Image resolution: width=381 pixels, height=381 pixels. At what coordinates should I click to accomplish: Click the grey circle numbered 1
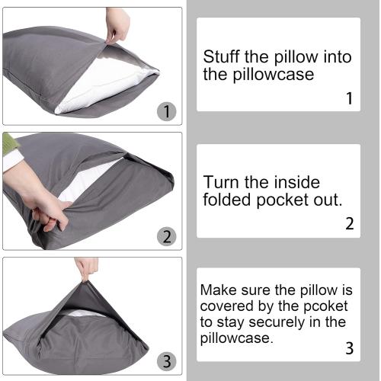166,112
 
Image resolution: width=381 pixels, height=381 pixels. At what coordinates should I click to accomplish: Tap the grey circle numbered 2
166,236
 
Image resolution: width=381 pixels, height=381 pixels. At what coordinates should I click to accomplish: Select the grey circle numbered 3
166,360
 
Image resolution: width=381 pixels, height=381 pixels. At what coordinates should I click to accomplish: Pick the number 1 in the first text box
349,98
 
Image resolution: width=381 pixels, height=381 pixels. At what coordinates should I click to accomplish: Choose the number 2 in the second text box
349,223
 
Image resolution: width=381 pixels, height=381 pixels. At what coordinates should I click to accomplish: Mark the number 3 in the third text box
349,350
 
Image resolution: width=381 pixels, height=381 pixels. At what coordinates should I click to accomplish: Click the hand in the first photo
117,23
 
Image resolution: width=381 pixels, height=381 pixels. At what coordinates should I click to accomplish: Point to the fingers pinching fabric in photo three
86,267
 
